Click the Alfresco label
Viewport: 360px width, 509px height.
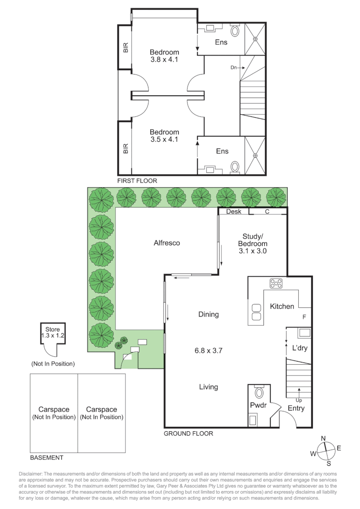coord(167,243)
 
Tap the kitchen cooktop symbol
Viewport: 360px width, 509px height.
coord(276,283)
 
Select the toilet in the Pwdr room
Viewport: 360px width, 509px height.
coord(259,393)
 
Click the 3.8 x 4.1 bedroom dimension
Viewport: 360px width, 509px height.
coord(164,60)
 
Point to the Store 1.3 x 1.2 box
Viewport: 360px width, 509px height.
coord(53,333)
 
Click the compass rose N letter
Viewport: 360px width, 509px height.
coord(323,439)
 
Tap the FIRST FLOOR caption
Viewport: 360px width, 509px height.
coord(137,181)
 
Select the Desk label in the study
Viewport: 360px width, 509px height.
coord(234,211)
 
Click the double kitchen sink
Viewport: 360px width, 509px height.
coord(256,312)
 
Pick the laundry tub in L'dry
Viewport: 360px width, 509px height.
coord(304,333)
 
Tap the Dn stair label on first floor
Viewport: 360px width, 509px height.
coord(233,67)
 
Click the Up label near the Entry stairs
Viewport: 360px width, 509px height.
coord(299,400)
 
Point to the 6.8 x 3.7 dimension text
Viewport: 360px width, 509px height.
coord(208,351)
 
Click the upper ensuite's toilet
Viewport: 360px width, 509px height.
coord(235,31)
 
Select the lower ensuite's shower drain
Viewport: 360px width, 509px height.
coord(255,155)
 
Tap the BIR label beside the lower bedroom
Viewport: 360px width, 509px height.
coord(126,148)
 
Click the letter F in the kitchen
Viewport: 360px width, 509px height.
coord(304,317)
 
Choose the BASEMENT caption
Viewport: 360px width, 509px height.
coord(47,458)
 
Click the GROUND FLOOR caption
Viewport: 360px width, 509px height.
coord(188,434)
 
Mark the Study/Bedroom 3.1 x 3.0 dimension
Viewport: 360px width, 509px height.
coord(253,251)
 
